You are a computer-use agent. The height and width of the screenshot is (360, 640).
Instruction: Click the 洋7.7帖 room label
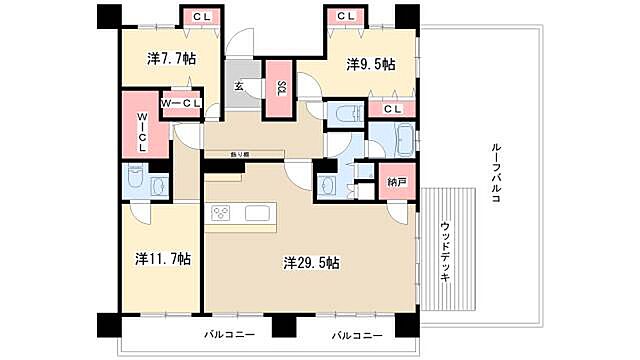tap(170, 59)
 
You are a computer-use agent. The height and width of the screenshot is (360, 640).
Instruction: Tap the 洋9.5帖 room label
tap(370, 64)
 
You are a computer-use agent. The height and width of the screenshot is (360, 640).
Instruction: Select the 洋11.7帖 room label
tap(163, 258)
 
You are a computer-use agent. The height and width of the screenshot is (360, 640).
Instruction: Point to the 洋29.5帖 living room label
tap(311, 264)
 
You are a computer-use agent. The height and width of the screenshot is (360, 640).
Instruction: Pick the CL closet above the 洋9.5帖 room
tap(346, 17)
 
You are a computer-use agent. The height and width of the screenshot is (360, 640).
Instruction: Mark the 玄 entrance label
tap(240, 86)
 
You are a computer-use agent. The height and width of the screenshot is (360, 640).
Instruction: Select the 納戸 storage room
tap(397, 184)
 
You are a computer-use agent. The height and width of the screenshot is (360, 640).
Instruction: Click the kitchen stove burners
tap(222, 212)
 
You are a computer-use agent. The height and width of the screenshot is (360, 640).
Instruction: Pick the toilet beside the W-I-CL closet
tap(159, 184)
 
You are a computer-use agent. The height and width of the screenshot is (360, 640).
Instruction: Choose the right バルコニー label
tap(357, 333)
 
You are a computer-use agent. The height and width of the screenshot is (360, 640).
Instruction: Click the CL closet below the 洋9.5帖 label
tap(392, 108)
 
